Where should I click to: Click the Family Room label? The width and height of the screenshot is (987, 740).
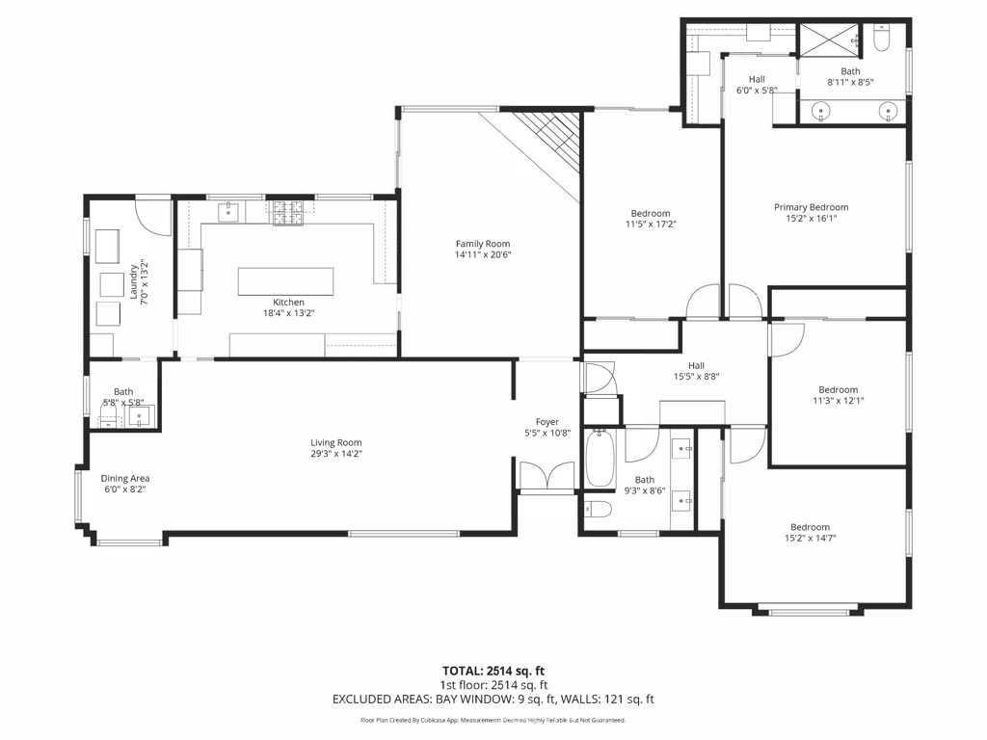click(483, 244)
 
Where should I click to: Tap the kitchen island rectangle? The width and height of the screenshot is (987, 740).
click(286, 281)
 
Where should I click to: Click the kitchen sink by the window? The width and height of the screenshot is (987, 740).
click(229, 211)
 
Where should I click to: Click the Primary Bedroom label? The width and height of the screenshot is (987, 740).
click(812, 207)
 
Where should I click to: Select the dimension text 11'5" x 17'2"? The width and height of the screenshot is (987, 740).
click(651, 225)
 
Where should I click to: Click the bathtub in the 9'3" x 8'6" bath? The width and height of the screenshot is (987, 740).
click(599, 460)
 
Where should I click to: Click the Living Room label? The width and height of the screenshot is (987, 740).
click(335, 442)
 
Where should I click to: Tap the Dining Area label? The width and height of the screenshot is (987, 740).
click(125, 478)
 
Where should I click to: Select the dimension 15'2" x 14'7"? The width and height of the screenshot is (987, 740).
click(810, 539)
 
